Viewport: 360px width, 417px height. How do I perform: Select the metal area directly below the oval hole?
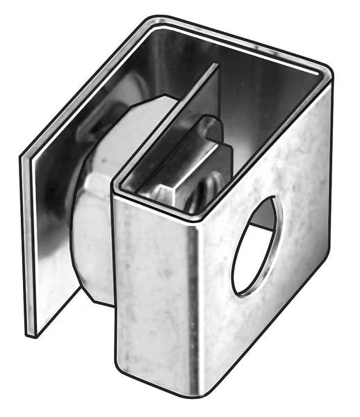coord(257,327)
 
